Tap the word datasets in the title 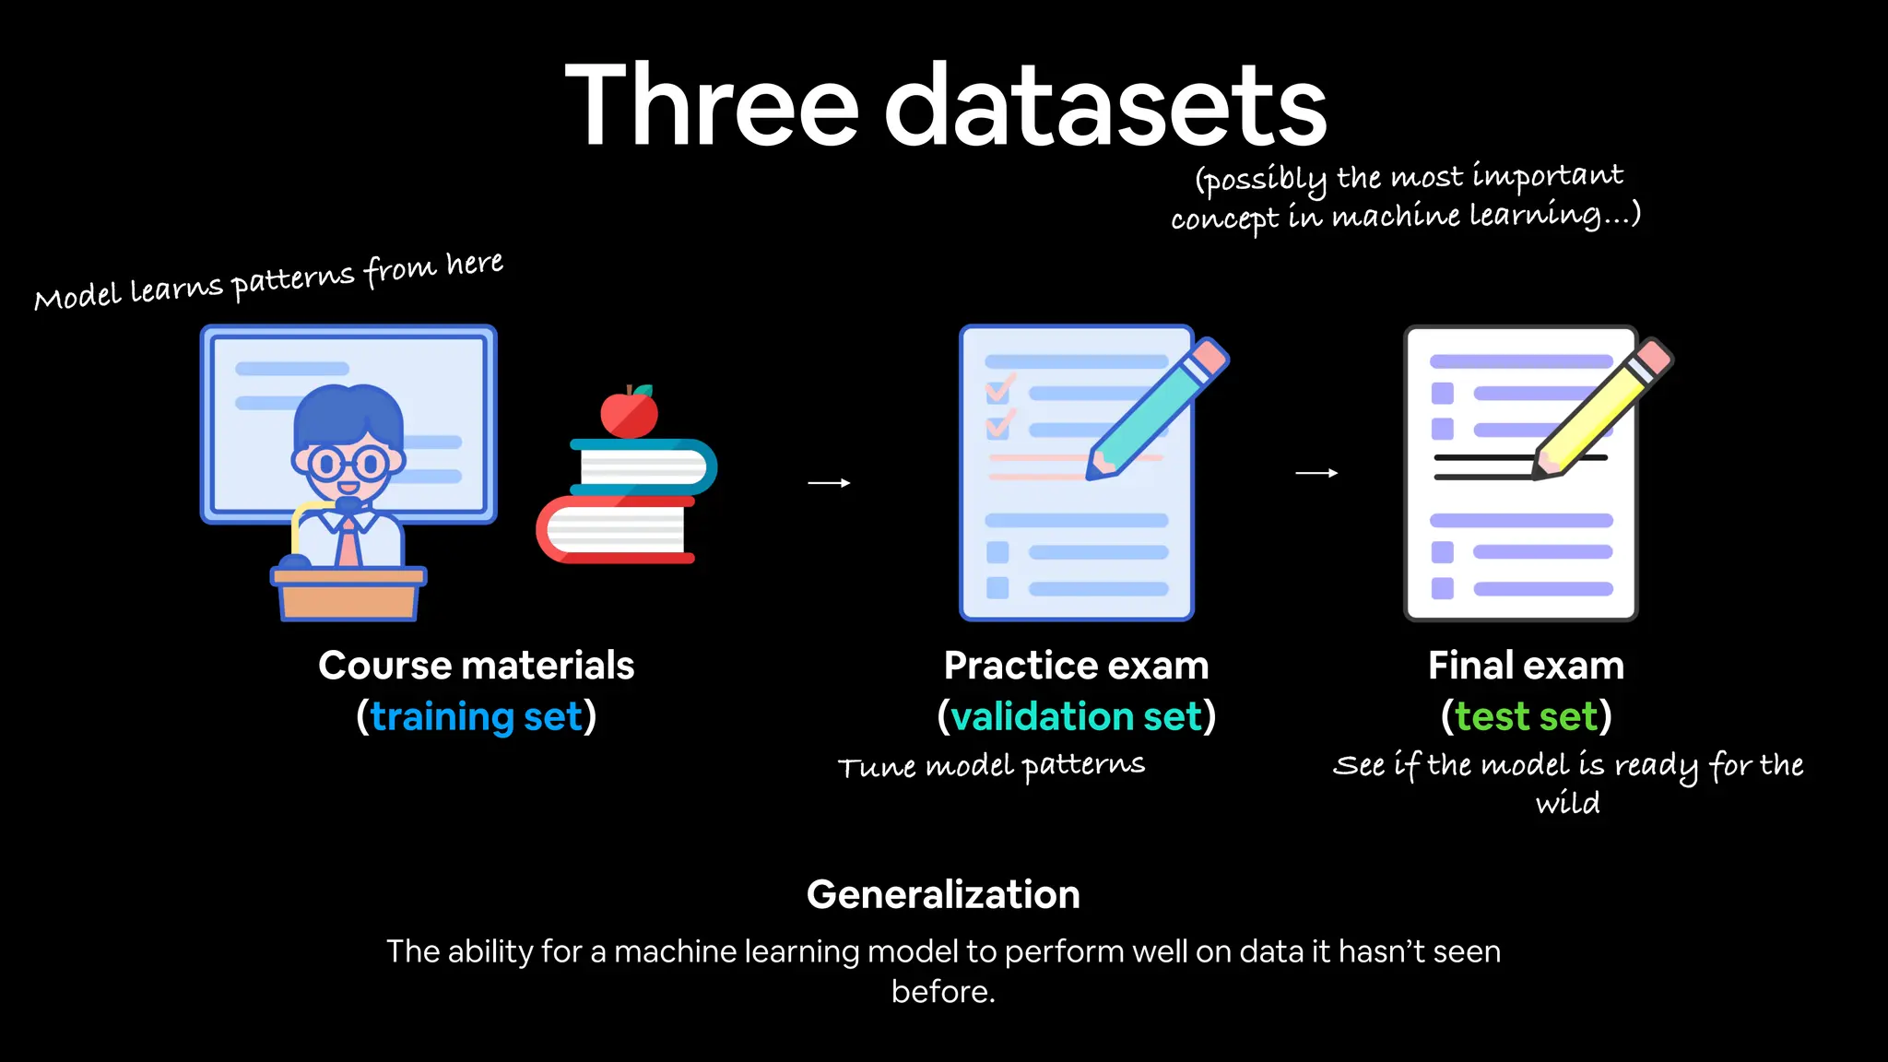(1105, 106)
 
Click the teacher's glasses (348, 463)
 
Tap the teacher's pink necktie (348, 544)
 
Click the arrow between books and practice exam (829, 482)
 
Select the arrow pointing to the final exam (1316, 473)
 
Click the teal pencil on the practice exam (1157, 409)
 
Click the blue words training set (477, 716)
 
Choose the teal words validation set (1076, 716)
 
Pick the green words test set (1526, 716)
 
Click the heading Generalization (943, 894)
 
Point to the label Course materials (477, 666)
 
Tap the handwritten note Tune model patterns (991, 766)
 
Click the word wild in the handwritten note (1567, 803)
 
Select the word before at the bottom (942, 992)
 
